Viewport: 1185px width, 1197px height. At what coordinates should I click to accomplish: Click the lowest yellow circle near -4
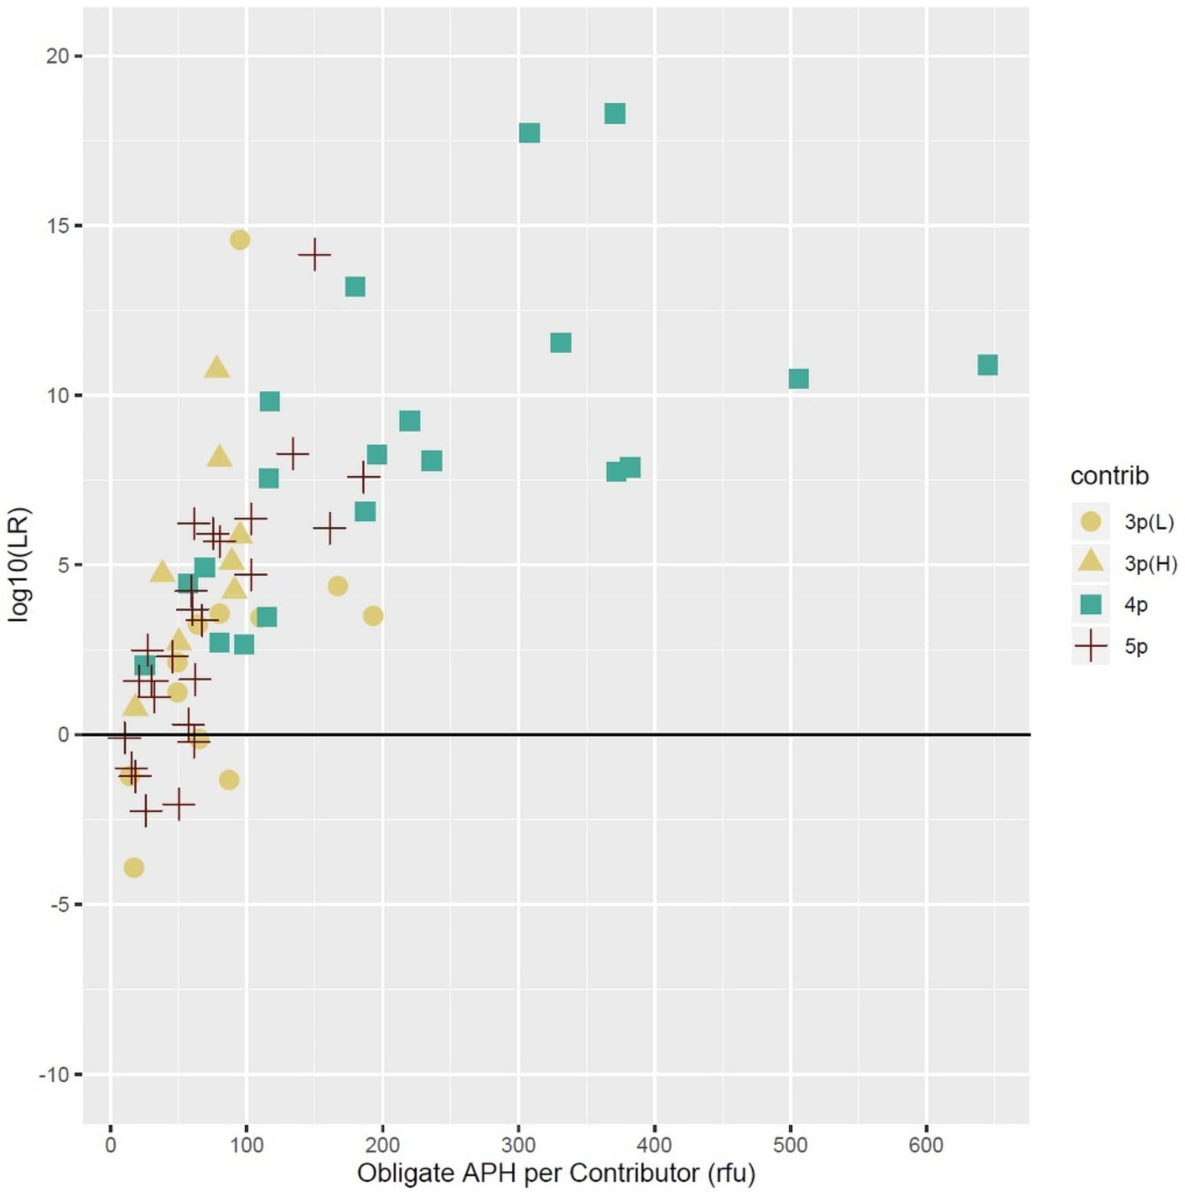[x=134, y=867]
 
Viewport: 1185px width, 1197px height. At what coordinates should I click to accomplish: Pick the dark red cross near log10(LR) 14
[x=314, y=255]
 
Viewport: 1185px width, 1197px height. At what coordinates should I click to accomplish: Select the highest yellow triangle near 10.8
[x=216, y=368]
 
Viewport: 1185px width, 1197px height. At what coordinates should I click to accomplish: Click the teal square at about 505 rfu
[x=798, y=379]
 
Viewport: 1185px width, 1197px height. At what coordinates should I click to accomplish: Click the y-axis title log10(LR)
[x=19, y=564]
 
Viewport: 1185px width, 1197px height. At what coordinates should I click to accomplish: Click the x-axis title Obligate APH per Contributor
[x=556, y=1172]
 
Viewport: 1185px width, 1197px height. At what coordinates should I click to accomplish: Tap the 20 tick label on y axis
[x=57, y=56]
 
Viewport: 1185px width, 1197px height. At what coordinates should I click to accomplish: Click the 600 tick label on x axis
[x=926, y=1144]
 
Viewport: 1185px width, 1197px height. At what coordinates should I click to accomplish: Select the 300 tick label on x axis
[x=518, y=1144]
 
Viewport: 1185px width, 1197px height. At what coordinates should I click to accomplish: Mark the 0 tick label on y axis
[x=62, y=735]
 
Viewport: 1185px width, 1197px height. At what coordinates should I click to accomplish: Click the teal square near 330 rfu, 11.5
[x=560, y=343]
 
